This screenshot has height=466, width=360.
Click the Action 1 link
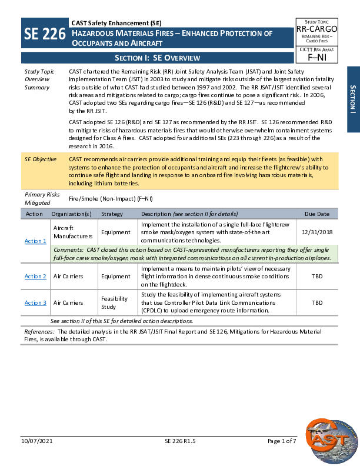click(35, 241)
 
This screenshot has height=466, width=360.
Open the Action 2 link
click(35, 277)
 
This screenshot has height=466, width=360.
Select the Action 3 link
click(35, 303)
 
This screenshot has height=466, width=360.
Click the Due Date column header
click(316, 214)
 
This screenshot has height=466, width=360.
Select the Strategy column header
click(112, 214)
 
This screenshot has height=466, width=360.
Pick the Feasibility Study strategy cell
click(114, 302)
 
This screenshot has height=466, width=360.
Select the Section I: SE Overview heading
click(157, 58)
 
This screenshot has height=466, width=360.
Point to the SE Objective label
click(41, 159)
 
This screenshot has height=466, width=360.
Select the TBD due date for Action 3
click(316, 303)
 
